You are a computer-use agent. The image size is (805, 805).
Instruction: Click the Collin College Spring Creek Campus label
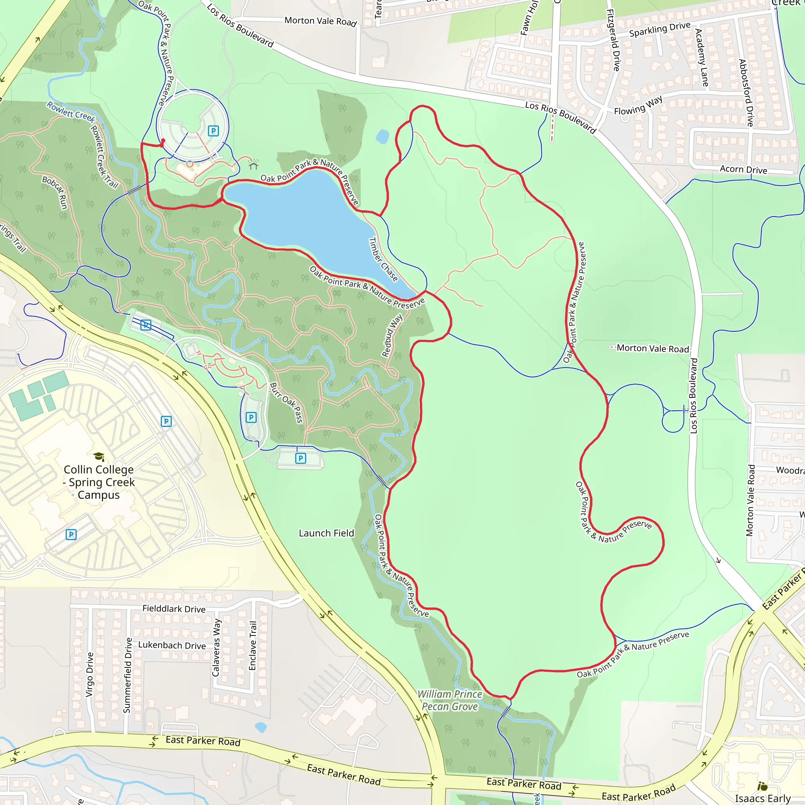(99, 482)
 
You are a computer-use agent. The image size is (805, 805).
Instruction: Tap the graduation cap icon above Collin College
(99, 457)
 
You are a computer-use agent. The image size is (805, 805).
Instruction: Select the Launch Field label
(326, 533)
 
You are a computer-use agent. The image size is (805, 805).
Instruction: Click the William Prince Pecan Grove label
(450, 700)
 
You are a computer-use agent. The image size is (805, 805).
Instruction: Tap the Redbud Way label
(392, 335)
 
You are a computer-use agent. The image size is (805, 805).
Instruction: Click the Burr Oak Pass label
(287, 402)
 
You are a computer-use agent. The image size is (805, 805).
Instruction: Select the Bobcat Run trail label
(55, 192)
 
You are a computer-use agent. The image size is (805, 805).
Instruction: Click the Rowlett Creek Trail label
(104, 156)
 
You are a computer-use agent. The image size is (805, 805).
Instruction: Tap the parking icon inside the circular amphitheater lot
(213, 131)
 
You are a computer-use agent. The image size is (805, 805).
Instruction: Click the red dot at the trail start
(163, 141)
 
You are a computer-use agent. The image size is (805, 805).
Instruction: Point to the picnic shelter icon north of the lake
(254, 165)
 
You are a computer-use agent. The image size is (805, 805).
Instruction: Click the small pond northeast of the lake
(382, 136)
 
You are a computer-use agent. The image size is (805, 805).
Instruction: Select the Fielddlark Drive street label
(174, 609)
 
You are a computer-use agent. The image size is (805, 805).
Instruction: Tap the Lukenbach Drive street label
(172, 645)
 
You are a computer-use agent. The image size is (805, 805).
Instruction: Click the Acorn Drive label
(743, 169)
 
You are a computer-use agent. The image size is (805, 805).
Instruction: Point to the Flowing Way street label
(638, 105)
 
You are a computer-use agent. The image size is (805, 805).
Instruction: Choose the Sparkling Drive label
(660, 29)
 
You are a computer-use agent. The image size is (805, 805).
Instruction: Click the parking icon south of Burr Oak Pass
(300, 458)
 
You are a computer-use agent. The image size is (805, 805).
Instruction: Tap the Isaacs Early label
(763, 798)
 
